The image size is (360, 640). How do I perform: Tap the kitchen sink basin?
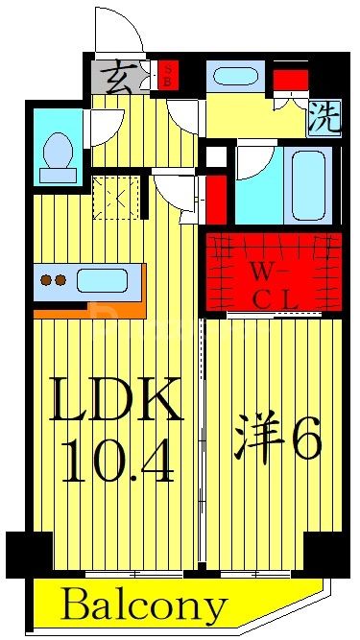(100, 281)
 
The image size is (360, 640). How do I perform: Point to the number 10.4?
(118, 461)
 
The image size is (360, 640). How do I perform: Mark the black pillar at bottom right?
(327, 553)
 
